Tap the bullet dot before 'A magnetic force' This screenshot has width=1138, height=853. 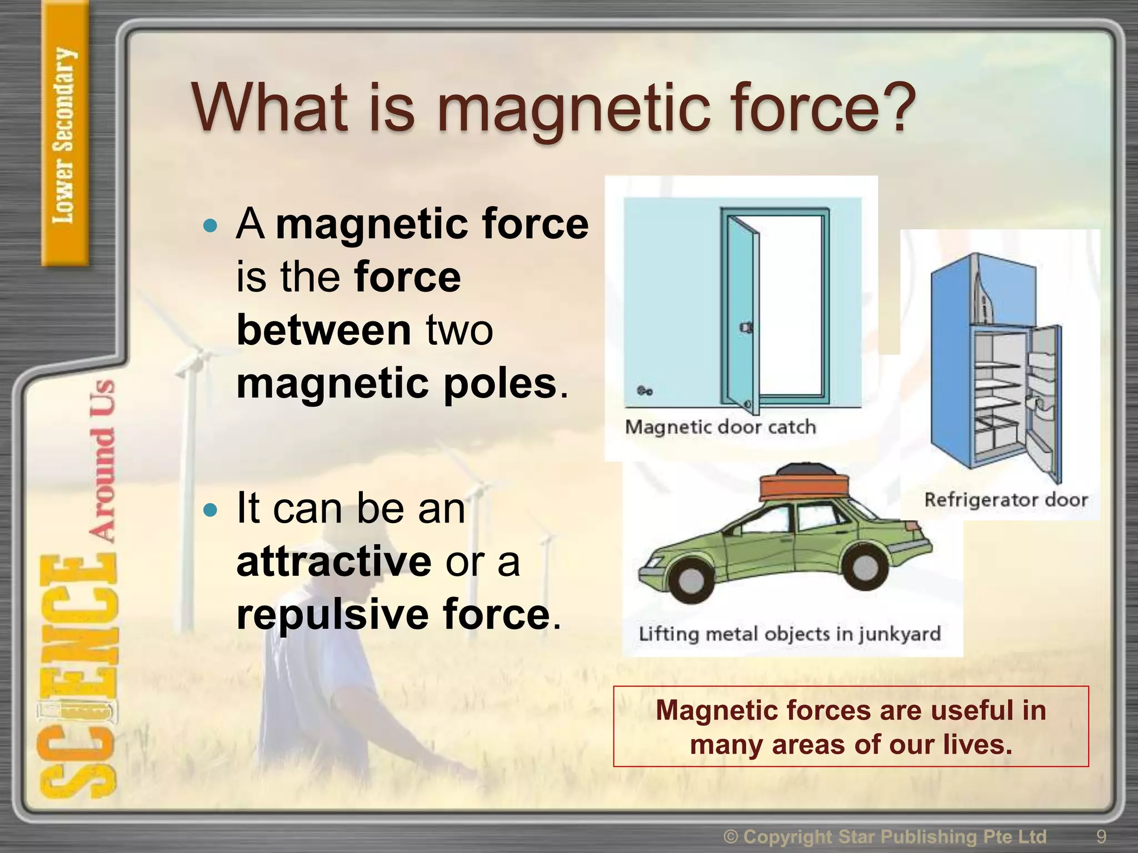pyautogui.click(x=210, y=225)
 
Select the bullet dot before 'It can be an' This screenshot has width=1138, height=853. pyautogui.click(x=210, y=510)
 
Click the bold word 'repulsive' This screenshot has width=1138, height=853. pyautogui.click(x=332, y=615)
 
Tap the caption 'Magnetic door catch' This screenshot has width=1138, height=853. pyautogui.click(x=720, y=427)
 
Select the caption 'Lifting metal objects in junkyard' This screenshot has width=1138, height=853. pyautogui.click(x=790, y=634)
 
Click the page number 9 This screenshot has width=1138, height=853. pyautogui.click(x=1101, y=836)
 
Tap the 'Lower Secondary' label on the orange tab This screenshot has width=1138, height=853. pyautogui.click(x=63, y=136)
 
